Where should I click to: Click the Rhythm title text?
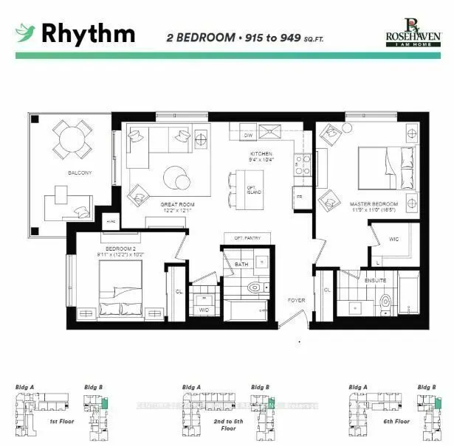pyautogui.click(x=88, y=33)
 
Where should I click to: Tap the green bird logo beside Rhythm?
pyautogui.click(x=26, y=32)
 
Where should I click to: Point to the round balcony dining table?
pyautogui.click(x=72, y=138)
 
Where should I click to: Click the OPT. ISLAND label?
pyautogui.click(x=251, y=189)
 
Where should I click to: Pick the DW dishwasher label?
pyautogui.click(x=249, y=136)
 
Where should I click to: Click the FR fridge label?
pyautogui.click(x=299, y=198)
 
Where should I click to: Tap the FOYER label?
pyautogui.click(x=297, y=300)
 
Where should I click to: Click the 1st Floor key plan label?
pyautogui.click(x=58, y=422)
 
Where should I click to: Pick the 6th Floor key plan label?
pyautogui.click(x=393, y=422)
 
